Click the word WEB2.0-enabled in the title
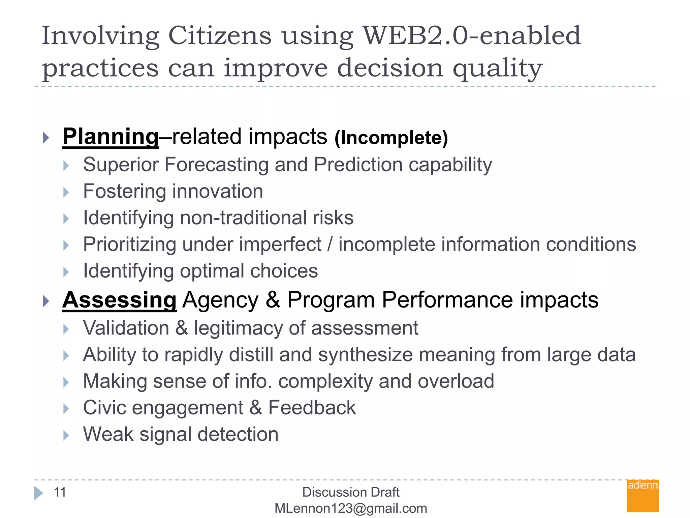click(x=472, y=36)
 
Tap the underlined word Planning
click(x=111, y=137)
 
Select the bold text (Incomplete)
click(x=391, y=138)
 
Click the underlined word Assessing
click(x=119, y=300)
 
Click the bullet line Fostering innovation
click(x=173, y=191)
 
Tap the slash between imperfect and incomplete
click(x=330, y=244)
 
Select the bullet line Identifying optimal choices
click(x=200, y=271)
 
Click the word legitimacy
click(x=238, y=328)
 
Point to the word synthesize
click(x=365, y=355)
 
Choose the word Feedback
click(x=312, y=408)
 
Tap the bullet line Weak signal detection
click(x=181, y=434)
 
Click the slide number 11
click(x=60, y=492)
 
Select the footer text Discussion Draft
click(x=351, y=492)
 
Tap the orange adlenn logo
click(x=642, y=496)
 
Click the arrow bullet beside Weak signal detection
click(x=66, y=435)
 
